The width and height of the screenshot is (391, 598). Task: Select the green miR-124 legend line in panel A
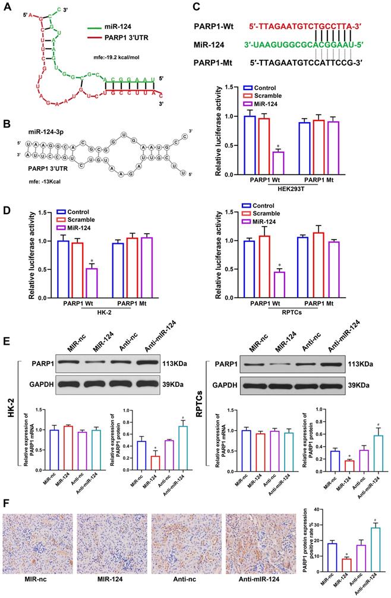[94, 27]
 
